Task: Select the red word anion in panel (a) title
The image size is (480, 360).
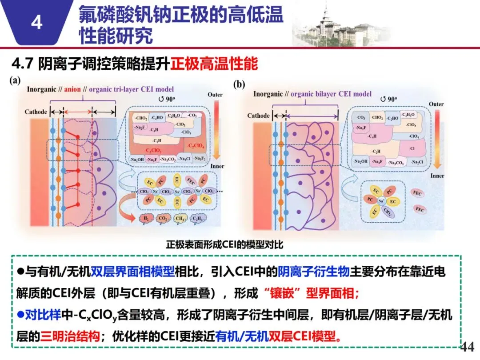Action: click(x=72, y=89)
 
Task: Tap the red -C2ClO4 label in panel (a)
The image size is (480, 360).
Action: click(x=196, y=145)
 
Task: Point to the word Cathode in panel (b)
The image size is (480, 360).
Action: click(x=258, y=116)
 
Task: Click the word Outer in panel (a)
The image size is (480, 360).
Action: click(x=215, y=95)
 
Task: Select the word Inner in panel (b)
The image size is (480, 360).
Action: click(x=437, y=176)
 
